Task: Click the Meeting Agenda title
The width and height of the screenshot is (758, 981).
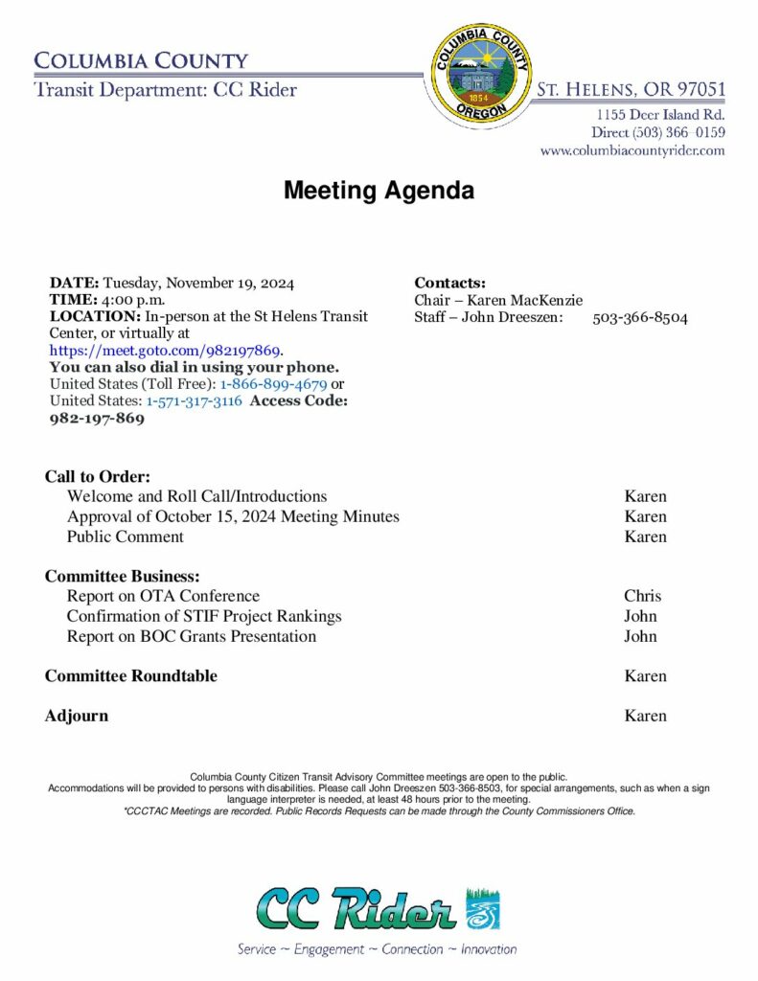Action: [x=379, y=191]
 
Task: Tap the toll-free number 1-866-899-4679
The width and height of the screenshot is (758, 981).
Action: [x=273, y=384]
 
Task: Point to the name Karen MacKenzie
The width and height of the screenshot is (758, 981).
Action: [x=524, y=301]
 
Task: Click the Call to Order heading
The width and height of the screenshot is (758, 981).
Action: [x=98, y=477]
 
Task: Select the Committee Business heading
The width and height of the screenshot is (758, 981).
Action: [x=122, y=577]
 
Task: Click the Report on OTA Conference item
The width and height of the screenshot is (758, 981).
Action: [x=163, y=596]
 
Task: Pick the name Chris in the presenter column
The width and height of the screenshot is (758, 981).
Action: [x=642, y=596]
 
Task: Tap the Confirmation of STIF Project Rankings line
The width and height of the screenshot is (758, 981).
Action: [x=204, y=616]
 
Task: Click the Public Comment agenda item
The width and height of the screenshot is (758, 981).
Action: [x=125, y=536]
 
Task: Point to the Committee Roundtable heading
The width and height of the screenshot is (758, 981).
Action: [x=131, y=676]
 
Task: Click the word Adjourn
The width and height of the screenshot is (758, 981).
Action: [x=77, y=716]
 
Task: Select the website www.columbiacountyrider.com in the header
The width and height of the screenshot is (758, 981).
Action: [x=632, y=150]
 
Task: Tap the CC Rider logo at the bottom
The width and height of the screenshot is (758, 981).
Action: [x=378, y=909]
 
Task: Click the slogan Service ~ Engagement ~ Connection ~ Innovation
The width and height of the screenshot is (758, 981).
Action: [x=378, y=949]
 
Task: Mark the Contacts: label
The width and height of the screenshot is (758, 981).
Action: [x=450, y=283]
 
